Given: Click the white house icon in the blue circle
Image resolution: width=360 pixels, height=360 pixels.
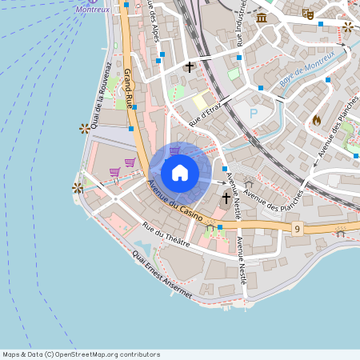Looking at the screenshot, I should pyautogui.click(x=179, y=172).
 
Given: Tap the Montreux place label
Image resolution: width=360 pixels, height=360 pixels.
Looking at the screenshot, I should pyautogui.click(x=92, y=10).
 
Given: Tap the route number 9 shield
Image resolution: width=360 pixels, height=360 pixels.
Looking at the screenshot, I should pyautogui.click(x=297, y=230).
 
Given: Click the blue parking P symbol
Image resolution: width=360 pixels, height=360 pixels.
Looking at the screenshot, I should pyautogui.click(x=254, y=114).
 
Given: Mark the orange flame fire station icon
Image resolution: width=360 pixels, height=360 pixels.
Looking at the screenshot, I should pyautogui.click(x=317, y=120).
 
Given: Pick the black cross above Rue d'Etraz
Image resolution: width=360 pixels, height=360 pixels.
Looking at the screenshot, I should pyautogui.click(x=190, y=67).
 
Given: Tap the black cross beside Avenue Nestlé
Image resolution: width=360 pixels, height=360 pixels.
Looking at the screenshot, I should pyautogui.click(x=226, y=198).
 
